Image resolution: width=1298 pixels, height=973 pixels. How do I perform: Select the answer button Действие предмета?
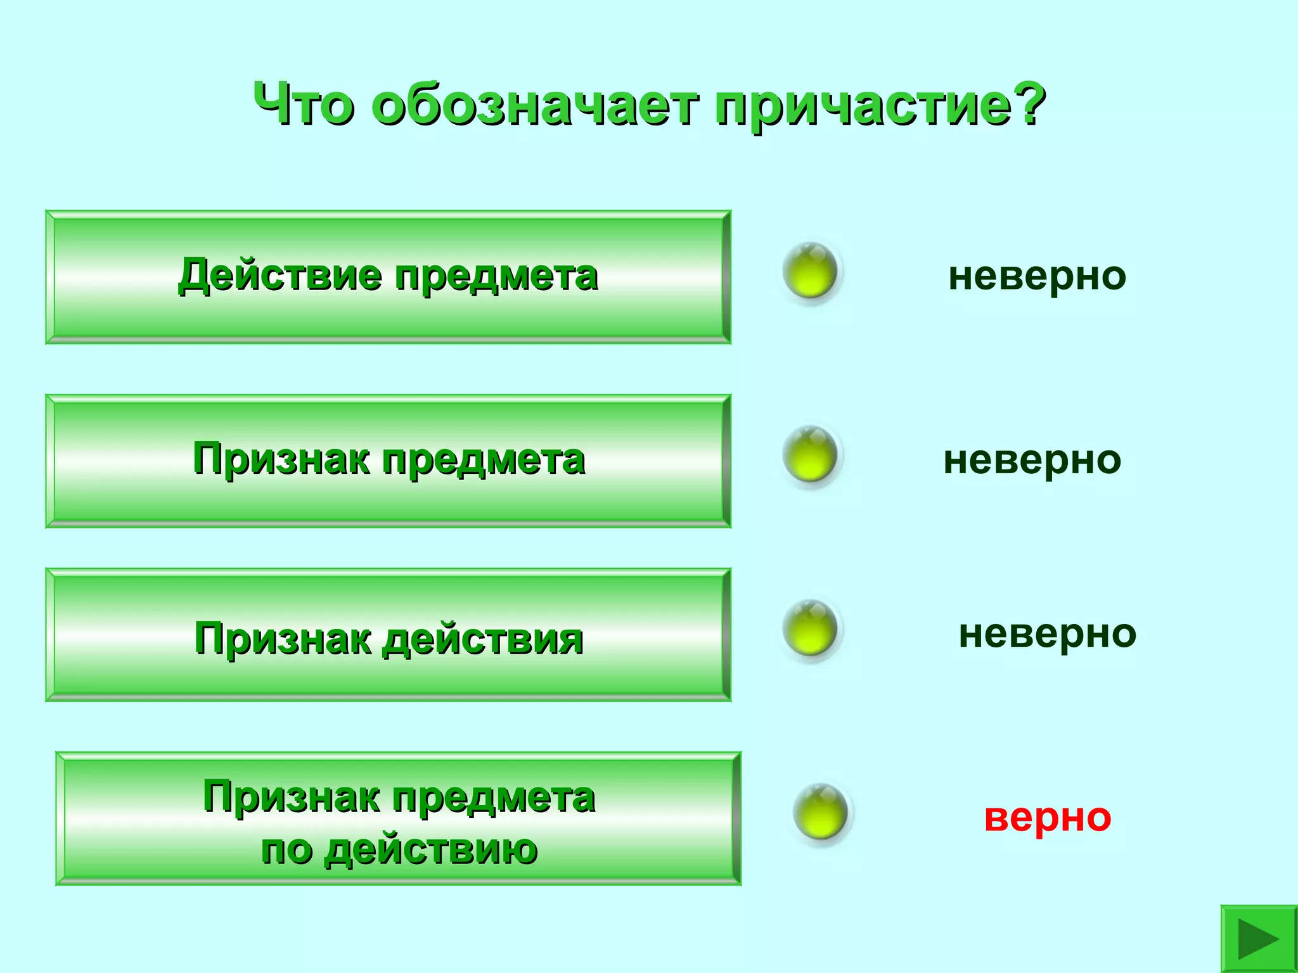point(388,277)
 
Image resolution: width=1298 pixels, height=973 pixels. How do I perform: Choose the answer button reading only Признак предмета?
point(388,461)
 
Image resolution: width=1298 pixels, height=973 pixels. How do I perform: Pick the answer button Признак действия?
point(388,635)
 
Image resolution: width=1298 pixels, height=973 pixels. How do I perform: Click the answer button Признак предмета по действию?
point(398,818)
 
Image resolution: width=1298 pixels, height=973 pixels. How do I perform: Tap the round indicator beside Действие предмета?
point(810,272)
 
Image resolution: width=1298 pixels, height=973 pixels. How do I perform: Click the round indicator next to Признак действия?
point(810,630)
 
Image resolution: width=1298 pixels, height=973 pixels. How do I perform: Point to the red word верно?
point(1047,817)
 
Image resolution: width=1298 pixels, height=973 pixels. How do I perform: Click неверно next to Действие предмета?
point(1037,276)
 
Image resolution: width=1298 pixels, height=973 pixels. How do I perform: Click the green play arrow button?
point(1258,939)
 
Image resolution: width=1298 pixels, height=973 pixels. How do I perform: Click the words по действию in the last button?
point(399,850)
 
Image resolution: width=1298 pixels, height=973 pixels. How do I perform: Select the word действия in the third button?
point(483,639)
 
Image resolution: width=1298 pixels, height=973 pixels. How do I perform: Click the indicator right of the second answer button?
point(810,455)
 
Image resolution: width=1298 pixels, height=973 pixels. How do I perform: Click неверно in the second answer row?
point(1032,461)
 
